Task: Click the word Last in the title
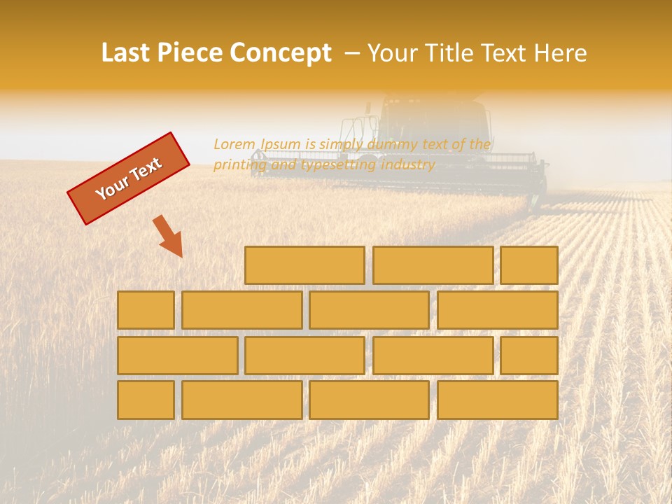(x=127, y=53)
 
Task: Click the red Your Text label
(x=128, y=178)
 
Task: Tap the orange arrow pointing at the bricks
(x=169, y=237)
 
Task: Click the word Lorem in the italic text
(x=235, y=144)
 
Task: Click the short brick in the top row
(x=529, y=265)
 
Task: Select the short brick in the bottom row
(x=146, y=400)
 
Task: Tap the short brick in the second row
(x=146, y=310)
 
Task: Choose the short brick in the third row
(x=529, y=355)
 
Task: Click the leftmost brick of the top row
(x=304, y=265)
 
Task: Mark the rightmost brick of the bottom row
(x=498, y=400)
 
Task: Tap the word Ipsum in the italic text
(x=281, y=144)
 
